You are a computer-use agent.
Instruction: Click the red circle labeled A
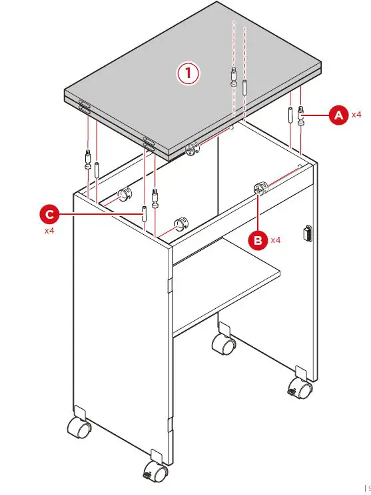pos(338,115)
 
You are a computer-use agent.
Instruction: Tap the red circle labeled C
pos(49,214)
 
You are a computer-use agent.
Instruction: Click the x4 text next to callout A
pos(356,115)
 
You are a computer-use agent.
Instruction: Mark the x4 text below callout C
pos(49,231)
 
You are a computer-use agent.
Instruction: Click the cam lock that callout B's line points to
pos(258,189)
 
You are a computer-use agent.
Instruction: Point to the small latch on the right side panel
pos(307,233)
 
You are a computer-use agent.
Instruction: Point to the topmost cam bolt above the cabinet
pos(234,77)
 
